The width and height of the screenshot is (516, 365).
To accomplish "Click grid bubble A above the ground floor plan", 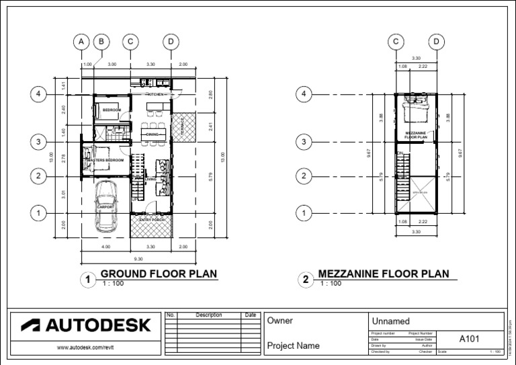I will pos(81,42).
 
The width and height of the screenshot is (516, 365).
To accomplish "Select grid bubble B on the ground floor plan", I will pos(101,42).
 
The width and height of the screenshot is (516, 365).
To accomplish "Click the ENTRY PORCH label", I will pos(152,220).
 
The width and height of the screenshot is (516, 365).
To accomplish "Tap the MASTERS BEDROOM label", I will pos(105,161).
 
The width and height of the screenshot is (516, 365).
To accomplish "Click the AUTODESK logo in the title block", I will pos(85,325).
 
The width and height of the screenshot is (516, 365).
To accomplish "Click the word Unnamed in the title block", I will pos(390,322).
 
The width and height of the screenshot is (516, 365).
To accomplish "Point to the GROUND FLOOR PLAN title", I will pos(159,274).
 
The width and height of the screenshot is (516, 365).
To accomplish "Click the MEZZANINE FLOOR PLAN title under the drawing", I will pos(383,274).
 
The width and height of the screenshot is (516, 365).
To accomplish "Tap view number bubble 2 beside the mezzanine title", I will pos(305,280).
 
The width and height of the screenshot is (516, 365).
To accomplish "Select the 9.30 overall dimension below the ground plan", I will pos(138,259).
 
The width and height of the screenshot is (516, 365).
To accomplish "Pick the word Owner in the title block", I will pos(280,321).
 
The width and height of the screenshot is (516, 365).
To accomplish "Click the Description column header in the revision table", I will pos(208,315).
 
